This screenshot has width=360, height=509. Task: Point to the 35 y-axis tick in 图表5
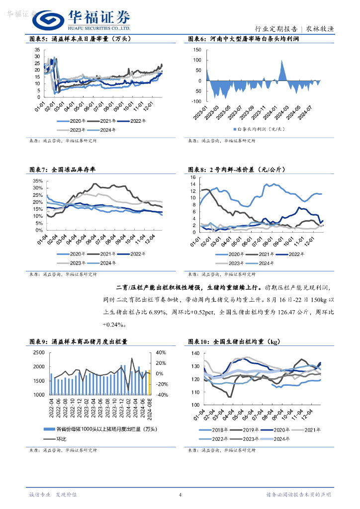click(37, 50)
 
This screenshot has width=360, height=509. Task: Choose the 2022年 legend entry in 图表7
click(138, 254)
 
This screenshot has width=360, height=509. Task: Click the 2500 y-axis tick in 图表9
click(38, 352)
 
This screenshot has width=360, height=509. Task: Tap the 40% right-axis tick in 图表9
click(161, 352)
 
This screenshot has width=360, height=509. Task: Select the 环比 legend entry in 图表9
click(61, 439)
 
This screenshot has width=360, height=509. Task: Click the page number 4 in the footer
click(180, 495)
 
